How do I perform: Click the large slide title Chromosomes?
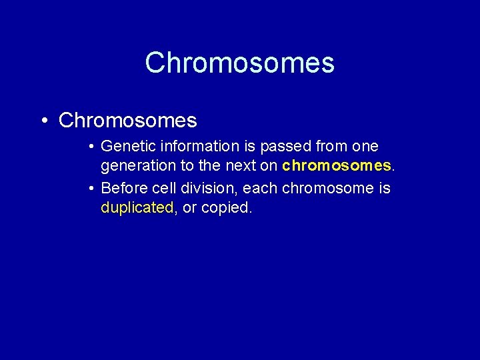[x=239, y=63]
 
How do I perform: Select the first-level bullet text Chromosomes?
[x=128, y=120]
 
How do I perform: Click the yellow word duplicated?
[x=137, y=207]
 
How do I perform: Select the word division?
[x=205, y=189]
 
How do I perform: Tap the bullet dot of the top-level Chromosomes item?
[x=44, y=121]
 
